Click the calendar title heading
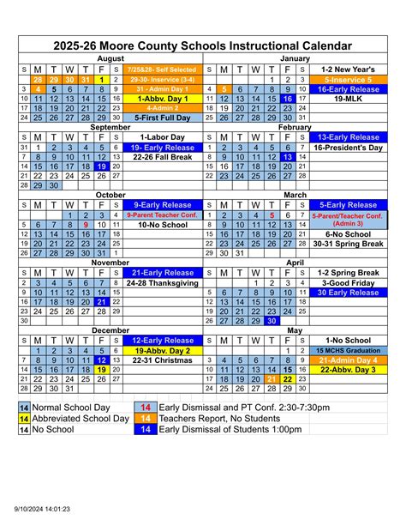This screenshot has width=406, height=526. coord(202,45)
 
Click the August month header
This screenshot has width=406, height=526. coord(110,57)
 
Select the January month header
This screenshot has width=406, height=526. coord(296,57)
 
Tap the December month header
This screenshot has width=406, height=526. coord(110,330)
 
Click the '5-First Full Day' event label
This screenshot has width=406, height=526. coord(163,117)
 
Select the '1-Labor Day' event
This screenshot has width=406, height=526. coord(163,136)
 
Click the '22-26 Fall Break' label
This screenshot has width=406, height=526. coord(163,156)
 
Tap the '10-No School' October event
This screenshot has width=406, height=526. coord(163,225)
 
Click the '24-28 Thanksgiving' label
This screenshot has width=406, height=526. coord(163,282)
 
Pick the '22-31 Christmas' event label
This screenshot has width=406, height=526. coord(163,360)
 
